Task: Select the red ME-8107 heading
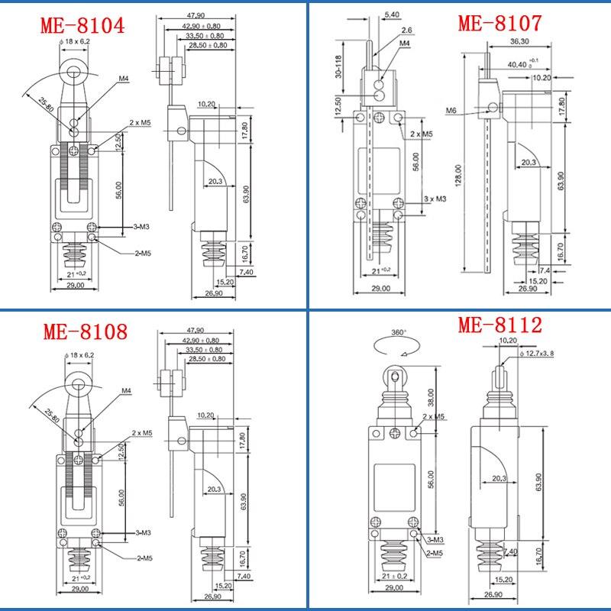pyautogui.click(x=499, y=22)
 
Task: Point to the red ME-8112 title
pyautogui.click(x=499, y=326)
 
